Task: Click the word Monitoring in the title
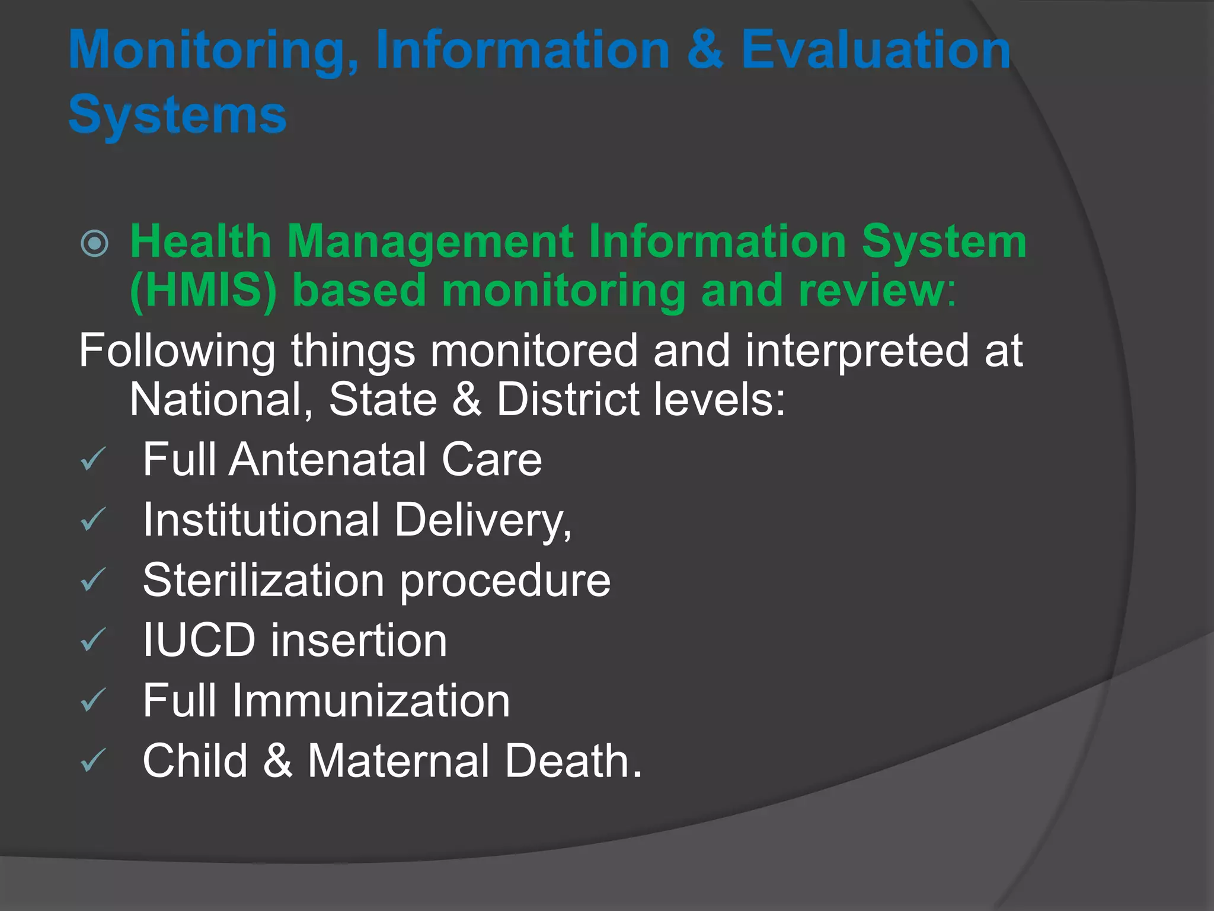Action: coord(213,52)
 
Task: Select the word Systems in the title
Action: coord(177,115)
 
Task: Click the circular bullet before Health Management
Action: coord(95,243)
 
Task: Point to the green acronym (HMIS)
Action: coord(203,291)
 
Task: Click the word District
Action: coord(567,399)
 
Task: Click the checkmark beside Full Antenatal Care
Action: coord(93,459)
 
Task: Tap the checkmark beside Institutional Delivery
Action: coord(93,520)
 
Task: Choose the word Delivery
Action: coord(483,521)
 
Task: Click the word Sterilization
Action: coord(263,580)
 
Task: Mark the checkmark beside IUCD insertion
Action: coord(93,640)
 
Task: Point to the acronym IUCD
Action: coord(199,641)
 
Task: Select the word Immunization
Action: coord(370,700)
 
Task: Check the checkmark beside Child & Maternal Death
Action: coord(93,761)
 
